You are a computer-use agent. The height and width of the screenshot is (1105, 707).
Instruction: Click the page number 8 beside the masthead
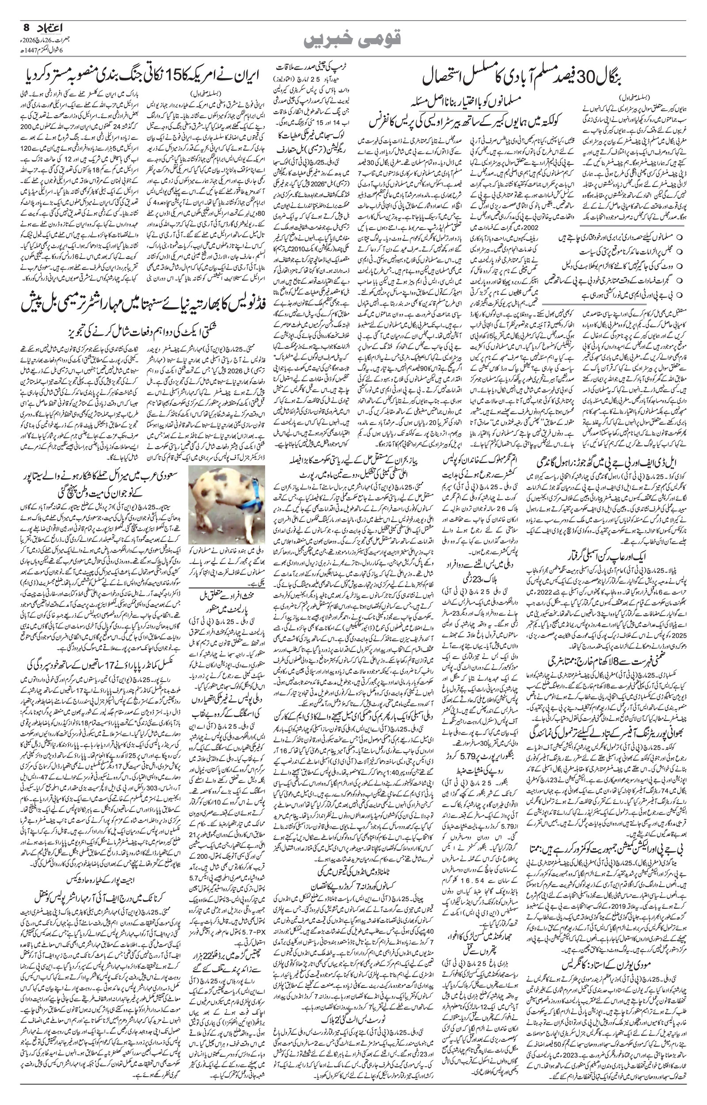pos(26,28)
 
